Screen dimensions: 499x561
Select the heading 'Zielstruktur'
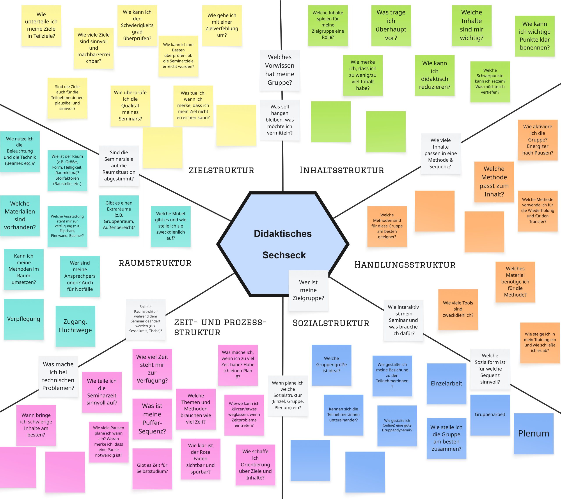click(221, 170)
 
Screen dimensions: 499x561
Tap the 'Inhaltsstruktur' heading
click(342, 170)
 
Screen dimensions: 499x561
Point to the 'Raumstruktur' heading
click(155, 263)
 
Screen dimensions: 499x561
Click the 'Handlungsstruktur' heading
click(405, 264)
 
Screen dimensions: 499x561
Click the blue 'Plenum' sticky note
click(534, 433)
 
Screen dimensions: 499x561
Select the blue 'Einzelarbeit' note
click(446, 383)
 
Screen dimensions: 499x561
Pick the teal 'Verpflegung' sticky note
click(24, 319)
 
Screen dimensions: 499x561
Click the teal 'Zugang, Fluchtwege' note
click(75, 326)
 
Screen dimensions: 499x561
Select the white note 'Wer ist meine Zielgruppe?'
click(308, 290)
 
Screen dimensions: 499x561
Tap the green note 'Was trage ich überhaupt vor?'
click(391, 25)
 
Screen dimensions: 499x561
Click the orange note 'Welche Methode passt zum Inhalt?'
click(494, 182)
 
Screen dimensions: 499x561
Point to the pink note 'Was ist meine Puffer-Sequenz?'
click(152, 418)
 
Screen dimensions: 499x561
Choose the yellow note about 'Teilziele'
click(41, 25)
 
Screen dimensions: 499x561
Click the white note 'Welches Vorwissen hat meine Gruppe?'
click(280, 70)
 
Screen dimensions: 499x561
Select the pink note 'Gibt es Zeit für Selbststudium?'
click(152, 468)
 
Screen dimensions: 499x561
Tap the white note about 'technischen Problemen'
click(58, 376)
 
